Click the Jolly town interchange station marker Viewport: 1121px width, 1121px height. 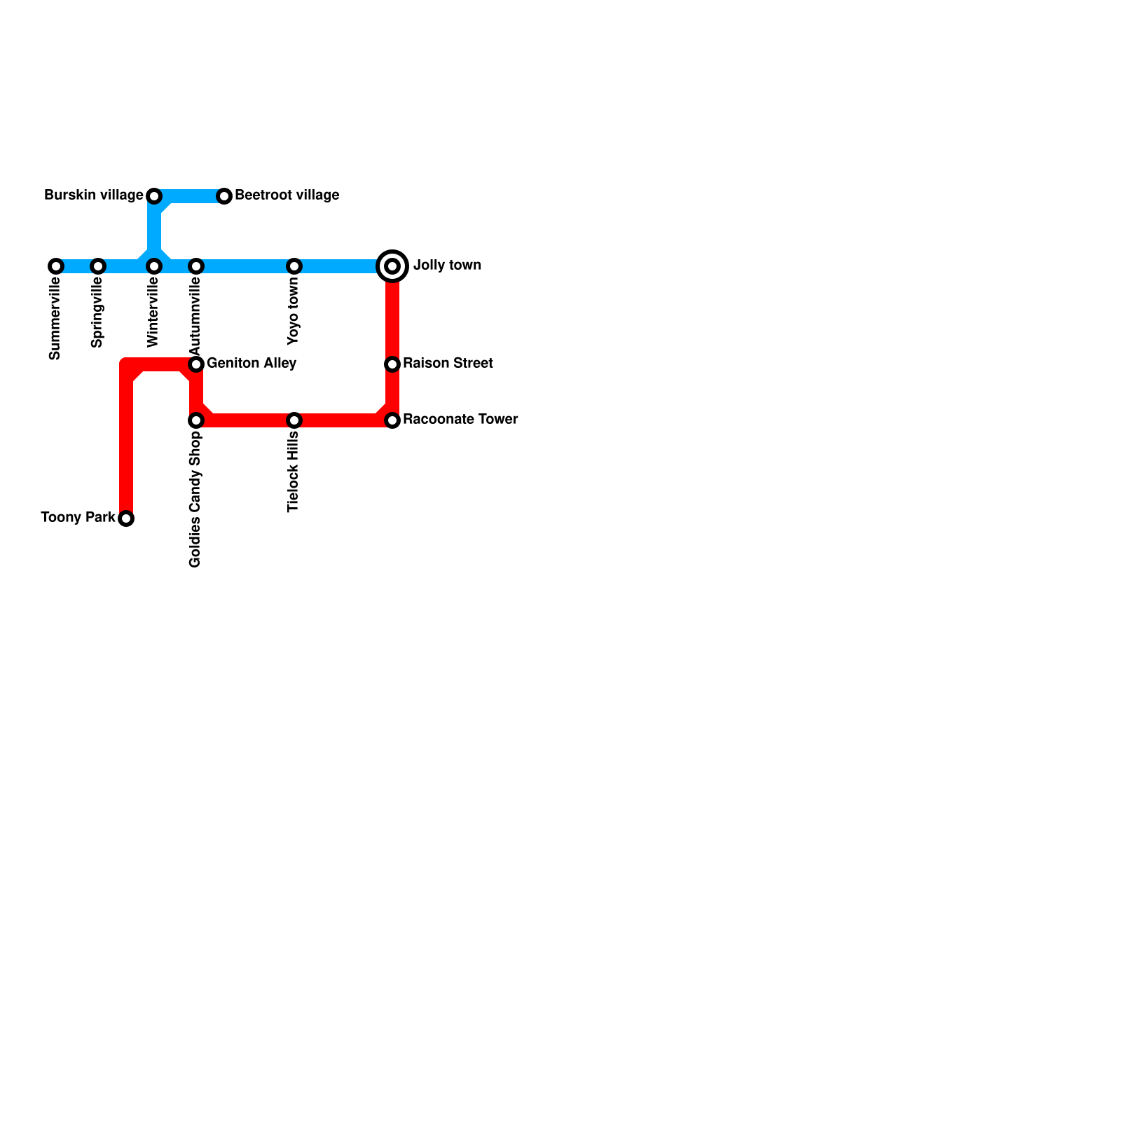pos(392,266)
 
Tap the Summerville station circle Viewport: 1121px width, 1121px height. pos(56,266)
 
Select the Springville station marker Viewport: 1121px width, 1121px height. pos(98,266)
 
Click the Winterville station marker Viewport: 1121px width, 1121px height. pos(154,266)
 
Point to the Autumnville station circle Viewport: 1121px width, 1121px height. pos(196,266)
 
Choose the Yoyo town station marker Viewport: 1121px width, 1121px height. pos(294,266)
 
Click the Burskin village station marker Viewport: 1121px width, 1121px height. pos(154,196)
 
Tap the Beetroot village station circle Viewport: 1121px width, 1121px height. pos(224,196)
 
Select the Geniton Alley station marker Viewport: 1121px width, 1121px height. pos(196,364)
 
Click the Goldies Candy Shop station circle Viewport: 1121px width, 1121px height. pos(196,420)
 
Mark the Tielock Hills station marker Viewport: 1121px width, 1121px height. pos(294,420)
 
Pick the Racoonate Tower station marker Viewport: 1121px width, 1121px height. pos(392,420)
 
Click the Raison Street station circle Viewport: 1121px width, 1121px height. pos(392,364)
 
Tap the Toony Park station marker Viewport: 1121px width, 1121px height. pos(126,518)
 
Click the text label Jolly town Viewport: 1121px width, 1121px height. pos(447,266)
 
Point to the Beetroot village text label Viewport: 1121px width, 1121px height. pos(287,195)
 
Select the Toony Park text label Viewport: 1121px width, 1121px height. pos(78,518)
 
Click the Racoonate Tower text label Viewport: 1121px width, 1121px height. pos(460,420)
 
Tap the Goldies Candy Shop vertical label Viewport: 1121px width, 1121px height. pos(195,499)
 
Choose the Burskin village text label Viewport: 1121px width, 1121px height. pos(93,195)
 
